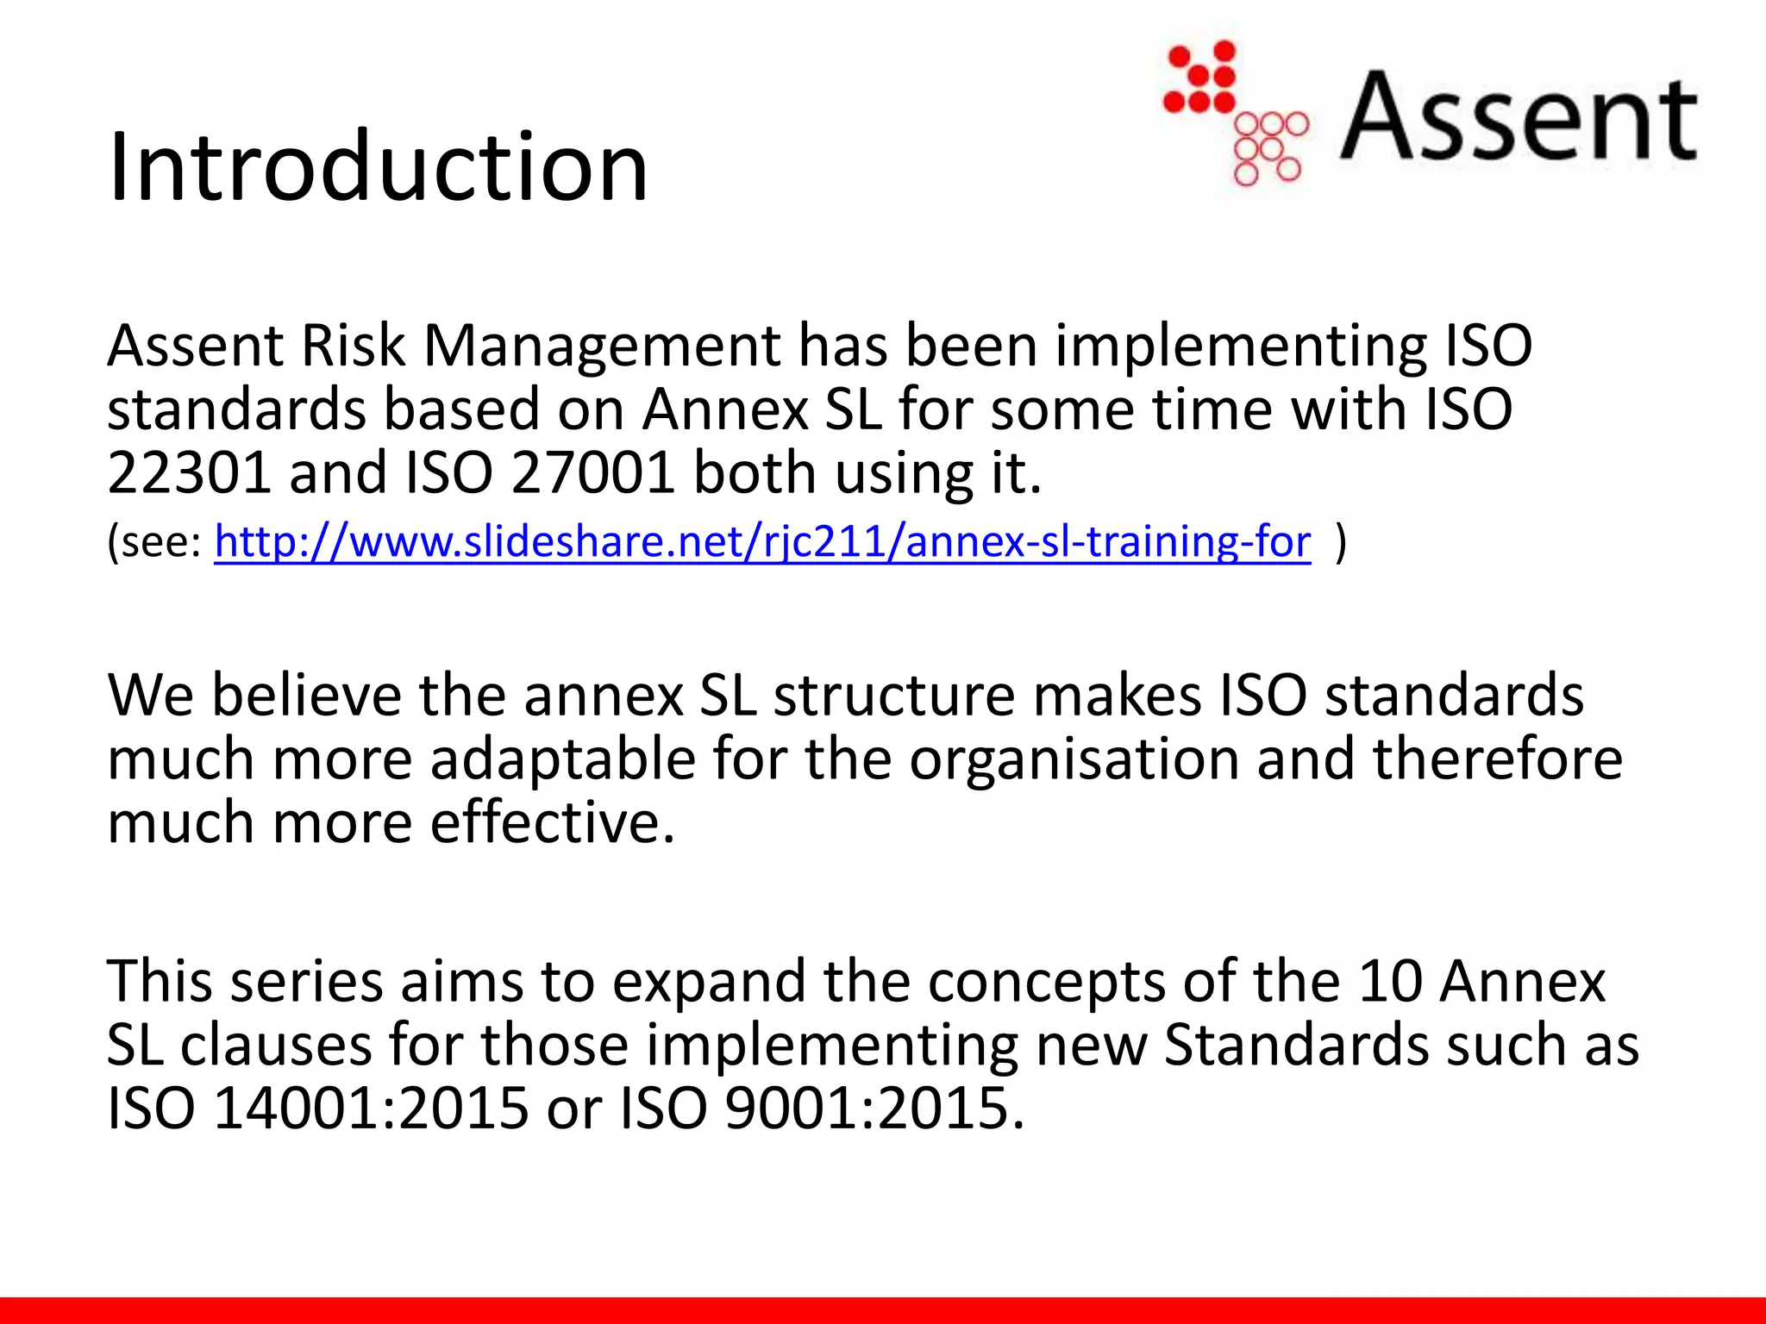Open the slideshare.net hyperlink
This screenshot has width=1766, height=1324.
[762, 542]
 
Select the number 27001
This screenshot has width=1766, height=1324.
[592, 472]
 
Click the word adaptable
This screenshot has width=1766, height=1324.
[563, 759]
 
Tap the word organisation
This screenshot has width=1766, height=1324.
[1074, 759]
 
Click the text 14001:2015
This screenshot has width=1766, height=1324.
[371, 1108]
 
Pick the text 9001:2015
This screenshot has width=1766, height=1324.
[874, 1108]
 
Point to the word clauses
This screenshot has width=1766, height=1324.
[276, 1045]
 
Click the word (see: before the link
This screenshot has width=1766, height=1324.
[154, 542]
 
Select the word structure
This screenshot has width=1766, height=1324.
[894, 696]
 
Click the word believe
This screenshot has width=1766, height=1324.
[306, 696]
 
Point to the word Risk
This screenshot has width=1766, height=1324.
[354, 346]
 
